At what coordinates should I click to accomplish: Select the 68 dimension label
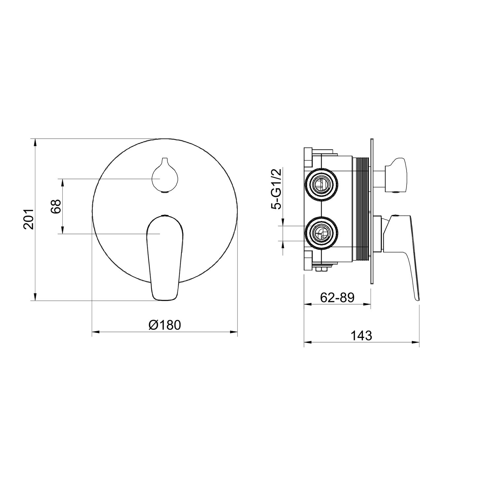click(56, 206)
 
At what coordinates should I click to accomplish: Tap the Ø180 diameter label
click(165, 325)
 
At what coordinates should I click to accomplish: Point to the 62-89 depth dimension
click(337, 298)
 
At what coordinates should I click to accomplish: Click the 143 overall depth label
click(361, 336)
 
